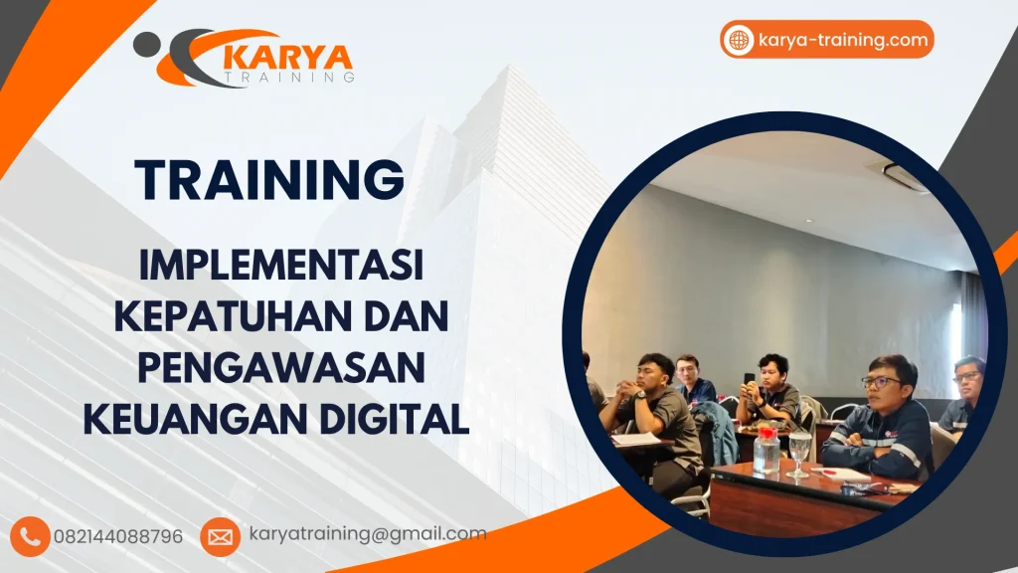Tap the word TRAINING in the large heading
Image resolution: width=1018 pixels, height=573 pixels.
[x=269, y=180]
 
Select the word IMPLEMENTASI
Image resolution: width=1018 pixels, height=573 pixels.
[x=281, y=266]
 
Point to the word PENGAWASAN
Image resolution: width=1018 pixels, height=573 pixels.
[x=280, y=367]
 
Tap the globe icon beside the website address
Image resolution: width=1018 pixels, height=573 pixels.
[x=739, y=40]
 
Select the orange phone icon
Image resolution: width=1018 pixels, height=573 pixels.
[x=31, y=536]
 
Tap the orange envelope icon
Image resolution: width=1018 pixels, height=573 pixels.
[x=220, y=536]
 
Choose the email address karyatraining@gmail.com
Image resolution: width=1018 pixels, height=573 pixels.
[x=368, y=534]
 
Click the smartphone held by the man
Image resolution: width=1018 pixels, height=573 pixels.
[x=749, y=378]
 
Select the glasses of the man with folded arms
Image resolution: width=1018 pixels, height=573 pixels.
[x=879, y=381]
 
